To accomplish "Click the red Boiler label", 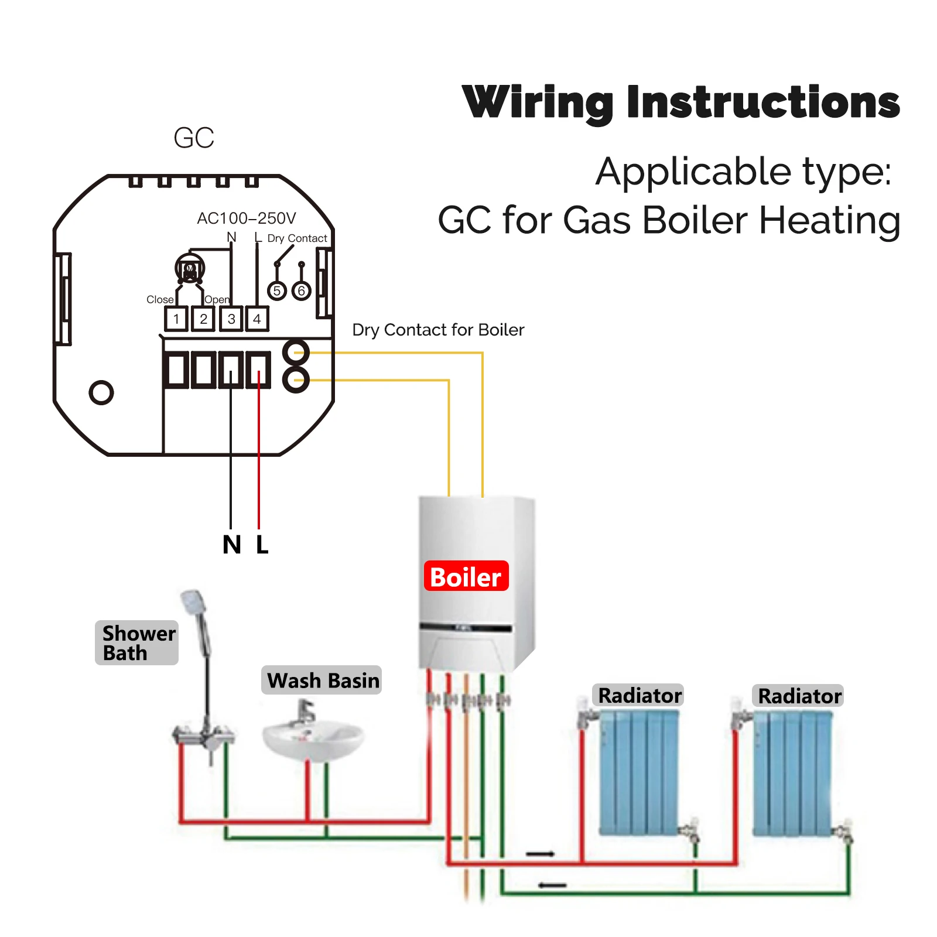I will [x=466, y=576].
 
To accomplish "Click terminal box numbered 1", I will [x=176, y=319].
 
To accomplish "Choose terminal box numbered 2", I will [x=203, y=319].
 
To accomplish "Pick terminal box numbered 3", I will [x=231, y=319].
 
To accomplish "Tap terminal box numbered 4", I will [x=257, y=319].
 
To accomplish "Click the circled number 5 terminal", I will [x=277, y=290].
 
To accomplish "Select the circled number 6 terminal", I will [x=302, y=290].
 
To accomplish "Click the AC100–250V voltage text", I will [x=247, y=218].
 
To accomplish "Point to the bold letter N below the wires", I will [x=232, y=545].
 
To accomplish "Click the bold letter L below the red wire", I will [x=262, y=545].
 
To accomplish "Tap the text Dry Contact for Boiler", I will [x=438, y=330].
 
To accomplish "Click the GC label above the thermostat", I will [x=194, y=138].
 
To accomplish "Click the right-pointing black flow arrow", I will [x=540, y=854].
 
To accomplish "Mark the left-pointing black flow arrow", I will [x=552, y=885].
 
